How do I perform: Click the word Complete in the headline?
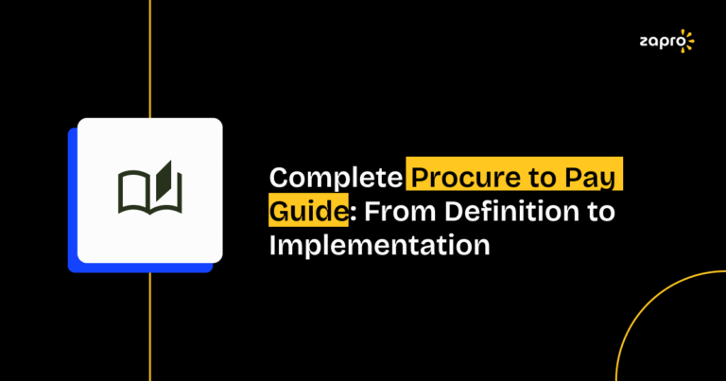336,177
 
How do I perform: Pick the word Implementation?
380,245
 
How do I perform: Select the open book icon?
149,190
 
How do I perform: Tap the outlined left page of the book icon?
133,193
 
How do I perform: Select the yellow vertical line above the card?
149,57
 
